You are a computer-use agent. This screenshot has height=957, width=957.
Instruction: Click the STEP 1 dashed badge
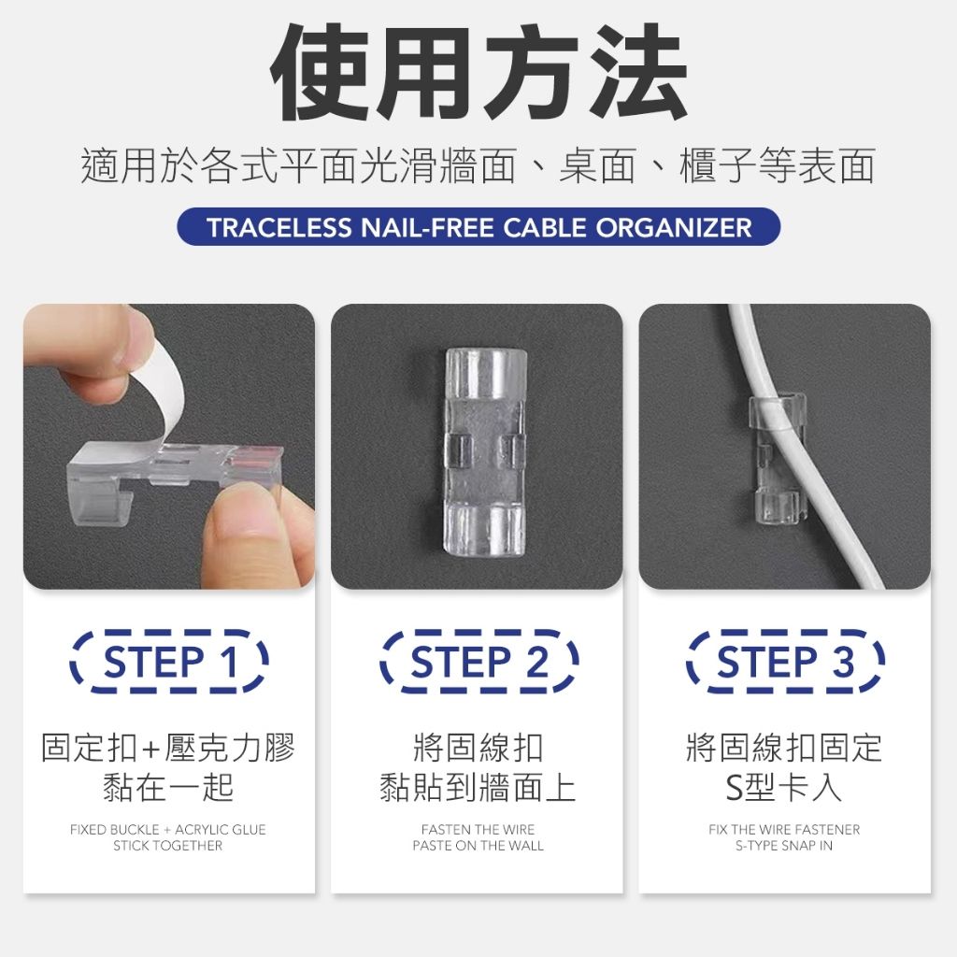click(169, 662)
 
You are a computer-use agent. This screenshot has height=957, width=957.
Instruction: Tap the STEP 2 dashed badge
click(478, 662)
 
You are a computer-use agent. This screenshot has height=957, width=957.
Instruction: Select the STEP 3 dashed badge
click(785, 662)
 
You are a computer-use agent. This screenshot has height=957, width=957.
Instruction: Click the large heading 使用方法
click(479, 71)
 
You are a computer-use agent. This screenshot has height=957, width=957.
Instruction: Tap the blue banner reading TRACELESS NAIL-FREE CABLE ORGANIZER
click(478, 227)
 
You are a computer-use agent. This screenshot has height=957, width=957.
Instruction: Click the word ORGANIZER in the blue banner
click(674, 228)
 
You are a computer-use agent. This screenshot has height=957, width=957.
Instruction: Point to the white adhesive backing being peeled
click(159, 391)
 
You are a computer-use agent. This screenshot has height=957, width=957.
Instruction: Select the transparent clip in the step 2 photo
click(486, 452)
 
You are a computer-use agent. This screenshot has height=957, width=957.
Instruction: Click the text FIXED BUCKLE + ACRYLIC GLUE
click(168, 830)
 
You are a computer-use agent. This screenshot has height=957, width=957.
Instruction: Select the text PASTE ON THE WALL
click(478, 846)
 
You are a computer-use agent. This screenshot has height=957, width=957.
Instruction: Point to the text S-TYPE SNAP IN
click(784, 846)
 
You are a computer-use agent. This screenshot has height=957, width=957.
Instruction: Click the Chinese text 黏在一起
click(168, 787)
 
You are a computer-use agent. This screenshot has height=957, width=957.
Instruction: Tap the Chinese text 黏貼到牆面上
click(478, 787)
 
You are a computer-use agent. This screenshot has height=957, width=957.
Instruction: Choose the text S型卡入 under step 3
click(784, 787)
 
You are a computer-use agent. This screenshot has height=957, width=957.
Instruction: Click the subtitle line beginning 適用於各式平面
click(478, 165)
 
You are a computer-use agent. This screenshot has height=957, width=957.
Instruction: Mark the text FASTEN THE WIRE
click(478, 830)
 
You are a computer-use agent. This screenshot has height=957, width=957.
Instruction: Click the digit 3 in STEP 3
click(844, 662)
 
